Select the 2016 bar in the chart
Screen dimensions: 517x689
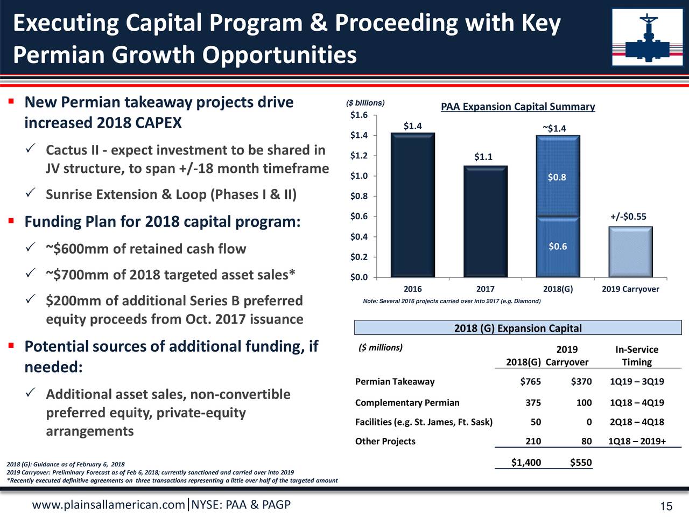[413, 205]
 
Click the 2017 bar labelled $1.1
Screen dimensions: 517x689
[485, 221]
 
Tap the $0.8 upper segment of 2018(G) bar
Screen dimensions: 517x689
[558, 177]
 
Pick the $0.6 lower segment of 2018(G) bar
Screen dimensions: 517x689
[558, 247]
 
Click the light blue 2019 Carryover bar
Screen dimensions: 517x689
[630, 251]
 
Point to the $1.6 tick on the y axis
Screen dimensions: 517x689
[359, 115]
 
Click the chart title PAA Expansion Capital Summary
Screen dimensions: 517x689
[518, 107]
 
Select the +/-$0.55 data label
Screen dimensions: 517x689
[628, 216]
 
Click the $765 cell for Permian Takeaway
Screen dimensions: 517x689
[530, 382]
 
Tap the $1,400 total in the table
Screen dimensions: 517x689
[526, 463]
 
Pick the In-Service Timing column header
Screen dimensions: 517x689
[637, 355]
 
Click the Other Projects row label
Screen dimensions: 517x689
[385, 442]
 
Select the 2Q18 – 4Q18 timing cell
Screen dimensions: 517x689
[637, 422]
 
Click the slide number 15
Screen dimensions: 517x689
[666, 507]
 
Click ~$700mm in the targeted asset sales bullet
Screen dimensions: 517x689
[77, 275]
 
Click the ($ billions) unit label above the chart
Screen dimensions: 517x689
[365, 103]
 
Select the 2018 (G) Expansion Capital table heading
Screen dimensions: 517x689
[518, 329]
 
